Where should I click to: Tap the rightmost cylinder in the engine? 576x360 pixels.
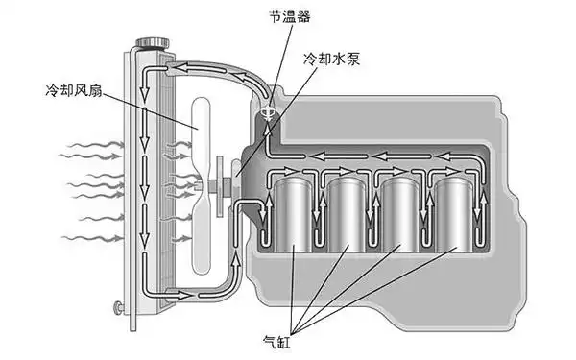(x=454, y=217)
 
